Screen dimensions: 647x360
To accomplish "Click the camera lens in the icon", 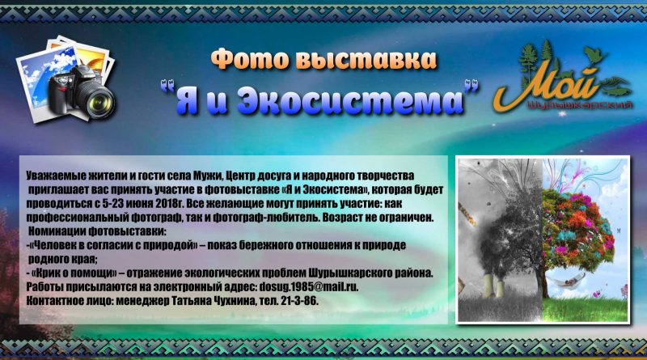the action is [x=98, y=100].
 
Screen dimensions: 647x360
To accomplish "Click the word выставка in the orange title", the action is [x=366, y=59].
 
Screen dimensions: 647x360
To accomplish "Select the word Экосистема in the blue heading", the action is [x=350, y=100].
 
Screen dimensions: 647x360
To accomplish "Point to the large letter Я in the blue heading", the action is [x=188, y=100].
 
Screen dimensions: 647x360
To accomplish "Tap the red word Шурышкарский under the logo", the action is [x=581, y=105].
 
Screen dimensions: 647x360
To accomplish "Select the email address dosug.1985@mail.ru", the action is [x=309, y=287].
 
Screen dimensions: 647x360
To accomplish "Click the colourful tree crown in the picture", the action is [x=577, y=227].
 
